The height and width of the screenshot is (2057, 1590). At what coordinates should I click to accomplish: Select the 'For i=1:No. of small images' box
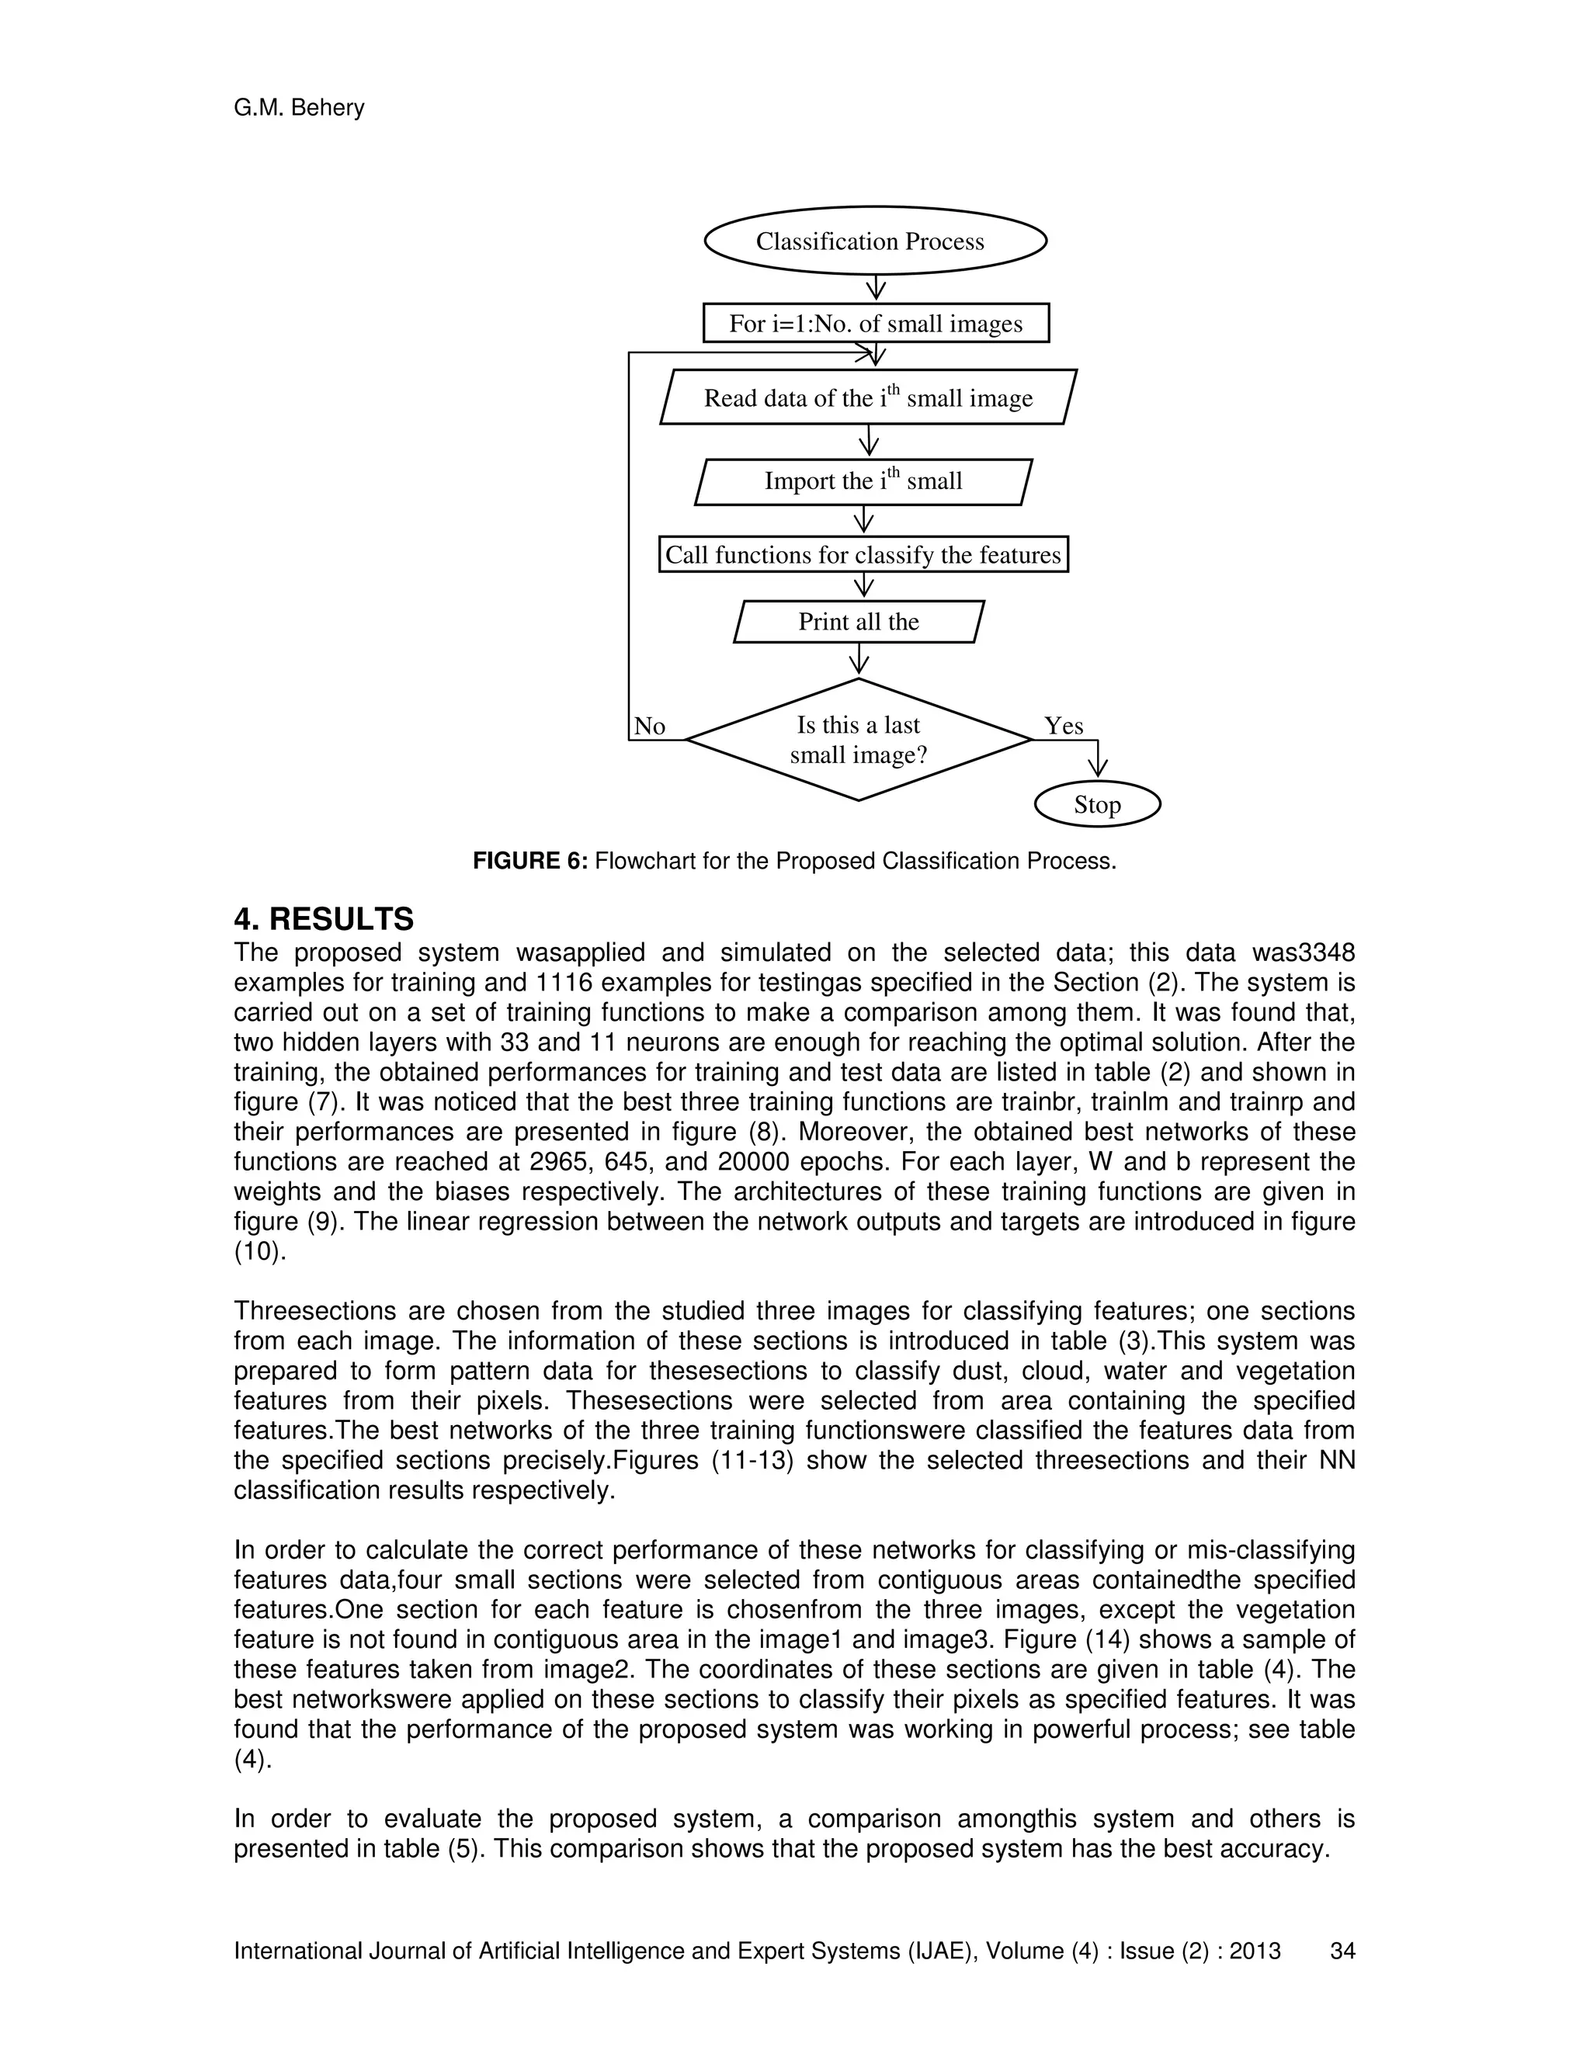click(x=875, y=323)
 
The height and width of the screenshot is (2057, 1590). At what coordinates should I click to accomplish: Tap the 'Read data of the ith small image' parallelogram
click(x=867, y=397)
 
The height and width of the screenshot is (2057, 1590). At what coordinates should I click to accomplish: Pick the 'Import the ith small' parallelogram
click(x=863, y=481)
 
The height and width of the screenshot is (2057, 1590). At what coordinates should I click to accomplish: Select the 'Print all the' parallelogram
click(x=858, y=622)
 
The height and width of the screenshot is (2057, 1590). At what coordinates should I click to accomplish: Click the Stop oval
click(x=1096, y=804)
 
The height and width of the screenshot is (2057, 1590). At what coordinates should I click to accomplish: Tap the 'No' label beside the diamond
click(x=650, y=727)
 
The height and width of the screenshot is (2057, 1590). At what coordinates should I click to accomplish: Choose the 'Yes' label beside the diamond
click(x=1064, y=727)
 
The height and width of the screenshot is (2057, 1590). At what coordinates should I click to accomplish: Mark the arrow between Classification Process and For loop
click(x=876, y=287)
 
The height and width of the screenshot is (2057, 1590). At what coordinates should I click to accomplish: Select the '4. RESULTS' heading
click(x=323, y=918)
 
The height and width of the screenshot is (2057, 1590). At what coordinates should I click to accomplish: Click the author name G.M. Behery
click(x=299, y=109)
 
